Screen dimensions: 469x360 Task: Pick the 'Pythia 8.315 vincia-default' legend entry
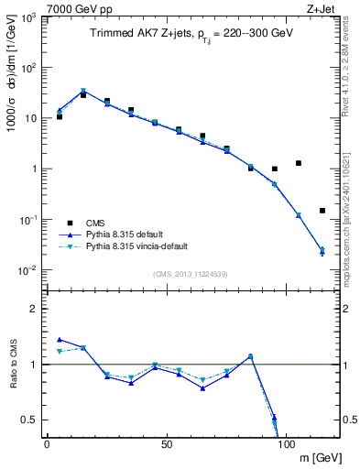(x=142, y=246)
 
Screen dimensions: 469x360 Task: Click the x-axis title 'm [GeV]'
(x=316, y=457)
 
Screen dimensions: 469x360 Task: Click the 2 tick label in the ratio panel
(x=35, y=309)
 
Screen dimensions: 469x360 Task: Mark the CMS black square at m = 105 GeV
(x=299, y=163)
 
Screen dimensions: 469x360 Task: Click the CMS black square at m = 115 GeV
(x=322, y=211)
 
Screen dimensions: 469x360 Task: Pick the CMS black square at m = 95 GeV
(x=275, y=169)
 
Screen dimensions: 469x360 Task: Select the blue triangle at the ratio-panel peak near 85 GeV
(x=251, y=355)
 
